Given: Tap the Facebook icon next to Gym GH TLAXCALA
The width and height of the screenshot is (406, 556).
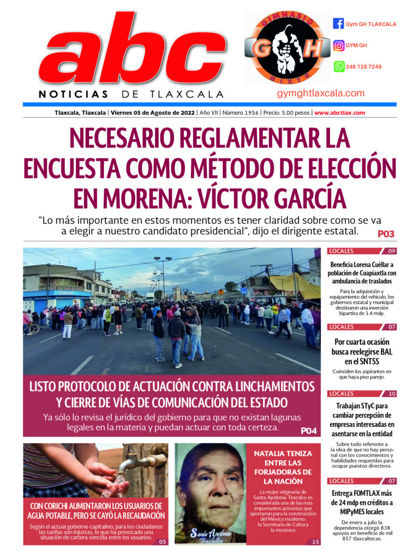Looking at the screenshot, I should (x=338, y=24).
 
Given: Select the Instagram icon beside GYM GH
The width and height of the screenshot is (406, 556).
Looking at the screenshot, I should (x=338, y=46).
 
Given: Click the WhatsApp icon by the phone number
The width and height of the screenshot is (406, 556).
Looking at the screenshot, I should (x=338, y=67).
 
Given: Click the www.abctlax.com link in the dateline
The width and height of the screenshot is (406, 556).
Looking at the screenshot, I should (x=339, y=113).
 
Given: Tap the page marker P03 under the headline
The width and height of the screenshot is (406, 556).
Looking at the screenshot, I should (x=386, y=235).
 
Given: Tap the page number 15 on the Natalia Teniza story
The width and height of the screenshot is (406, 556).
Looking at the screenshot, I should (x=315, y=541).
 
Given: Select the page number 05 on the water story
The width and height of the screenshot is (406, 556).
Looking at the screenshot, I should (x=162, y=541).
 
